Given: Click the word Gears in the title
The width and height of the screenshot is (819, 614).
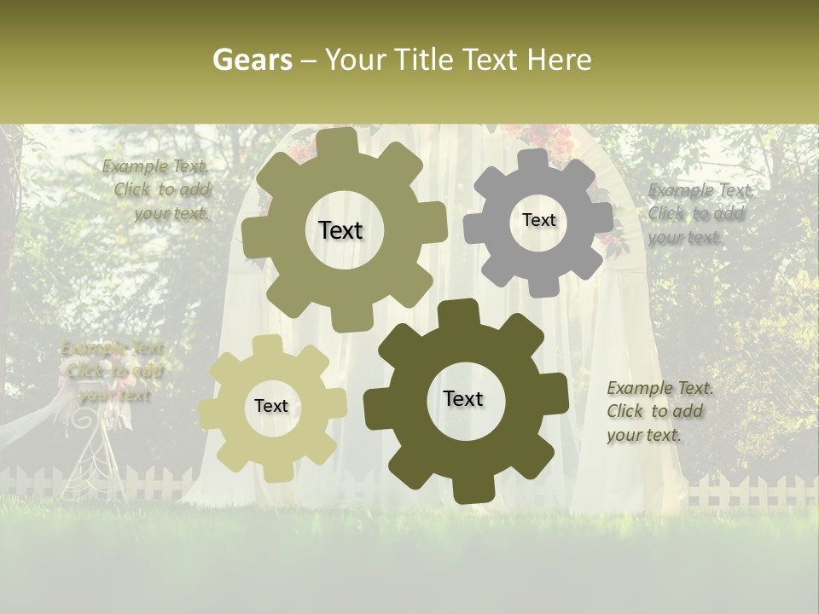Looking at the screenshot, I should (x=253, y=60).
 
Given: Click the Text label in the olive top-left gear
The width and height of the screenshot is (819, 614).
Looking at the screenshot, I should (x=340, y=230).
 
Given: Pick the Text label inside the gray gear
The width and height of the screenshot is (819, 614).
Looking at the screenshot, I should (x=538, y=220).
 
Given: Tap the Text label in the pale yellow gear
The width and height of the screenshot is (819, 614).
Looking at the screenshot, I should (x=271, y=406).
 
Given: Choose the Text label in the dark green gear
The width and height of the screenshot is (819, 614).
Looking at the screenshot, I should (x=463, y=398).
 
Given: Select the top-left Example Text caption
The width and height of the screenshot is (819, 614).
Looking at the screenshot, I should (x=157, y=190).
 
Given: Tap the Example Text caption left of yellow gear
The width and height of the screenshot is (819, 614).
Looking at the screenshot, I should (x=113, y=372).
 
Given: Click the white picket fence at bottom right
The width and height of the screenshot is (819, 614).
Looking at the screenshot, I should (x=751, y=492).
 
